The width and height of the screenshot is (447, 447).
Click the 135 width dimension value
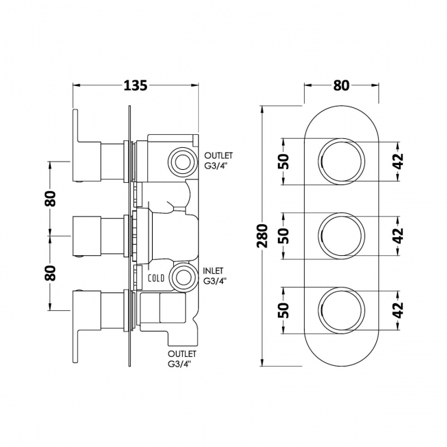click(135, 85)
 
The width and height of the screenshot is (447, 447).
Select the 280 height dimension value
click(260, 236)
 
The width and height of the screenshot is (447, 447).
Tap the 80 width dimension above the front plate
click(341, 85)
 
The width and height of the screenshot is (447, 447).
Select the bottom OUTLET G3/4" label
click(181, 358)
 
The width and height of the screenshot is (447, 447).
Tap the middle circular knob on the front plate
click(341, 236)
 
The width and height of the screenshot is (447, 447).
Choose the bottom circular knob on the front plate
click(341, 309)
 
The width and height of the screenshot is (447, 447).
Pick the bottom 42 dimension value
click(397, 309)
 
